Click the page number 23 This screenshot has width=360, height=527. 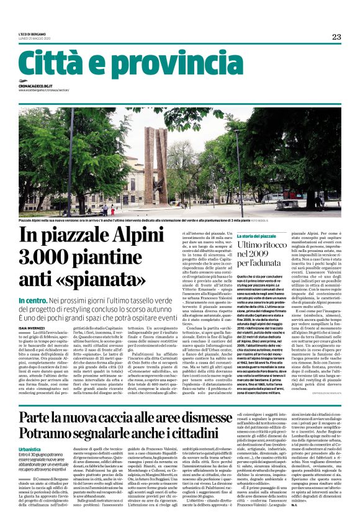336,37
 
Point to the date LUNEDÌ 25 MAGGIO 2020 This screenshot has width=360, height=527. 34,39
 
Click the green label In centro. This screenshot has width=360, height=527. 34,300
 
